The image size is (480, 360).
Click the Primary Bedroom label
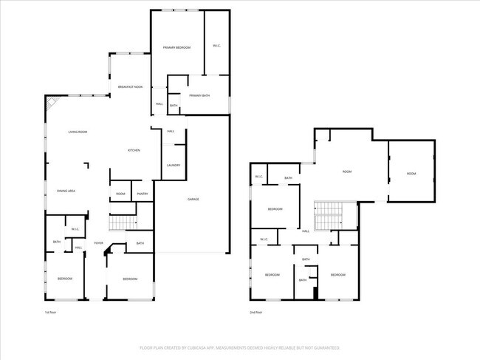pyautogui.click(x=176, y=47)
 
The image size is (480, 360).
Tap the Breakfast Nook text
pyautogui.click(x=130, y=87)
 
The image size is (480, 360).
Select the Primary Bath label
pyautogui.click(x=199, y=95)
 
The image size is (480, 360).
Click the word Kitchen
pyautogui.click(x=134, y=150)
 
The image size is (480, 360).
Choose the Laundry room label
pyautogui.click(x=174, y=165)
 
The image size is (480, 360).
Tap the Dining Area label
pyautogui.click(x=66, y=191)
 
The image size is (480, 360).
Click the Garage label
pyautogui.click(x=193, y=199)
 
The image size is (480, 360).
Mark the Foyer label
pyautogui.click(x=98, y=242)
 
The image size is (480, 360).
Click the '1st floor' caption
pyautogui.click(x=51, y=313)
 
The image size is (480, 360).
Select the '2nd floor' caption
pyautogui.click(x=256, y=313)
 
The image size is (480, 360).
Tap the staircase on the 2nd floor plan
pyautogui.click(x=329, y=216)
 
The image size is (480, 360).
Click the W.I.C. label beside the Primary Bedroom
pyautogui.click(x=216, y=46)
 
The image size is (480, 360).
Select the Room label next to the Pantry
pyautogui.click(x=120, y=194)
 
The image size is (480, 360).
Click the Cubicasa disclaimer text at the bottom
pyautogui.click(x=239, y=347)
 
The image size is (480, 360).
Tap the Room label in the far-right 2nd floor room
pyautogui.click(x=411, y=174)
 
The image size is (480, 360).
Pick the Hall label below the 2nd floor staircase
pyautogui.click(x=306, y=231)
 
